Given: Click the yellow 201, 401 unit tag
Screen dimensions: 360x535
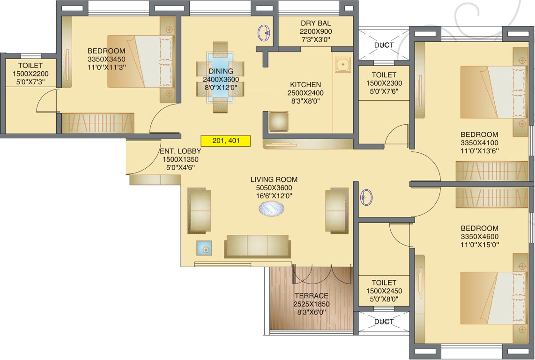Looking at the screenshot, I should coord(226,140).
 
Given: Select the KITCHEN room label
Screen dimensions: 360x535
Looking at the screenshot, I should coord(305,84).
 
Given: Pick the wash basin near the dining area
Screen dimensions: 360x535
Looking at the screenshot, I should coord(264,32).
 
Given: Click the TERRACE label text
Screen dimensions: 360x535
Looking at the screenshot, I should coord(311,296).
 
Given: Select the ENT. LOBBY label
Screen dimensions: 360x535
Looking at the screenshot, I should coord(180,151).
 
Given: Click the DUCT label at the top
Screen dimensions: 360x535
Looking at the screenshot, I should coord(384,45).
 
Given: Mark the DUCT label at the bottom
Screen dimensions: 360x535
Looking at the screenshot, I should coord(384,322).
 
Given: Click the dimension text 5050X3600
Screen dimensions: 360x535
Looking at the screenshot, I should coord(274,187).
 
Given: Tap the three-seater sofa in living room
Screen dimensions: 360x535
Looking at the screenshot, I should coord(257,246).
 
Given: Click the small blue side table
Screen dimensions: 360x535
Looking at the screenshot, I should coord(204,247).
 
